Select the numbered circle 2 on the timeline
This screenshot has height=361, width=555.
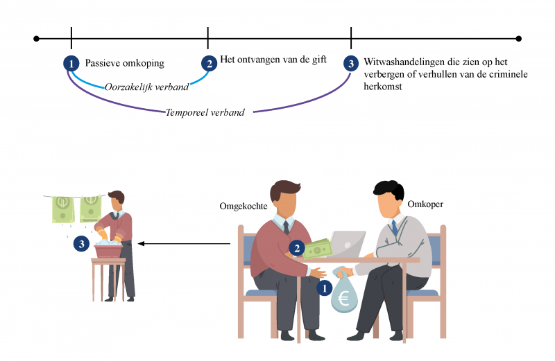coord(208,63)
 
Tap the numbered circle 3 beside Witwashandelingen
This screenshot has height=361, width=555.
coord(351,63)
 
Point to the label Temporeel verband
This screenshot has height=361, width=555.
coord(205,112)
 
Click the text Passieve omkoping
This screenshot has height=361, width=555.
coord(125,63)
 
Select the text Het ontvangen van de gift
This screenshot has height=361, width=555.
coord(273,60)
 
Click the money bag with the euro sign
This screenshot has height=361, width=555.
coord(344,294)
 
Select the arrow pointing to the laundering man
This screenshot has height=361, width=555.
coord(184,243)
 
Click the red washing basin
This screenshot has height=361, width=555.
coord(108,248)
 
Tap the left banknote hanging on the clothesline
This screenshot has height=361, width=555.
coord(63,209)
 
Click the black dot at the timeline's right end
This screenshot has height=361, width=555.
coord(519,39)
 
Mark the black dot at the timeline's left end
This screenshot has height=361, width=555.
coord(36,39)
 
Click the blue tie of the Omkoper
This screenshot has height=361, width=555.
coord(395,228)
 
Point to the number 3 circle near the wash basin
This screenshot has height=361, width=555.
coord(82,243)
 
